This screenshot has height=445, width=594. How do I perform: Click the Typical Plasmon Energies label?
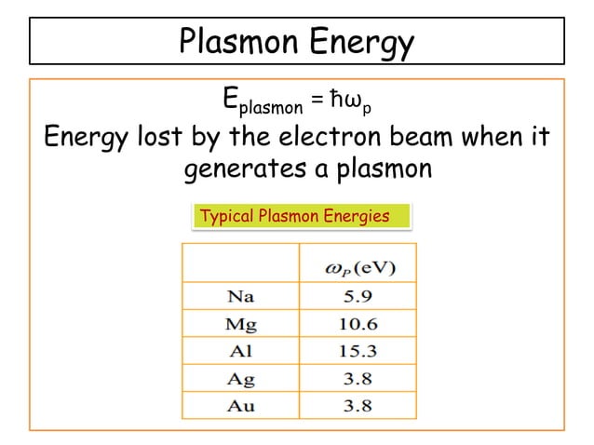pos(294,216)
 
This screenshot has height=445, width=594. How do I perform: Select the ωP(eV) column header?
pos(358,269)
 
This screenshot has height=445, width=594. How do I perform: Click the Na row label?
pos(241,297)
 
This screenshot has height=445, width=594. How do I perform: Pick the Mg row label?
pos(241,324)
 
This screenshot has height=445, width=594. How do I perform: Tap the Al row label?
pos(241,351)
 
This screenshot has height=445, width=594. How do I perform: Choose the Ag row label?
pos(241,378)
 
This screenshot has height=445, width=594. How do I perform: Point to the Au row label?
pos(241,405)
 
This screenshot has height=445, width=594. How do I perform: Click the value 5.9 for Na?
pos(358,297)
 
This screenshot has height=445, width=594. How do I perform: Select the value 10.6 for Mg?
pos(358,324)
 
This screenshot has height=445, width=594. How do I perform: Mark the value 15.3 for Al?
pos(358,351)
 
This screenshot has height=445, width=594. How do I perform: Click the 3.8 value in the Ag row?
pos(358,378)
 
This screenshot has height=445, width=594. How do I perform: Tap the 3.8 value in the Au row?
pos(358,405)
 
